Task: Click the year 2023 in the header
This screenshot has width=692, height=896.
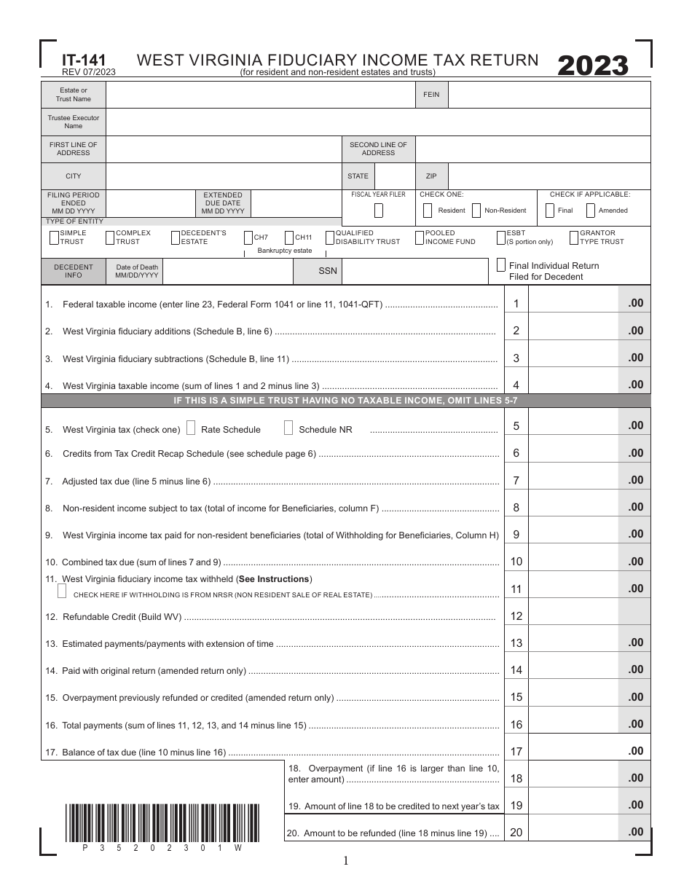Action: pyautogui.click(x=593, y=66)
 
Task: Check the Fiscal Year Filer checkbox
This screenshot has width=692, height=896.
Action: pyautogui.click(x=379, y=211)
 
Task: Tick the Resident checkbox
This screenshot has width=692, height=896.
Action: pyautogui.click(x=427, y=211)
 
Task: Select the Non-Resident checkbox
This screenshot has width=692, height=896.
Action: pyautogui.click(x=476, y=211)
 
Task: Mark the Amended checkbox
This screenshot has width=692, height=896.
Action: pyautogui.click(x=591, y=211)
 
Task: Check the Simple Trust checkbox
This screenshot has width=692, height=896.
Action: pyautogui.click(x=54, y=237)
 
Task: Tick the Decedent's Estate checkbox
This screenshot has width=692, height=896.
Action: pyautogui.click(x=176, y=237)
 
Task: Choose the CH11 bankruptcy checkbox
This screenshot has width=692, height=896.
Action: pyautogui.click(x=289, y=237)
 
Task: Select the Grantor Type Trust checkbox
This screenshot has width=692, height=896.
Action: pyautogui.click(x=574, y=237)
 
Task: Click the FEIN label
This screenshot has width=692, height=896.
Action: pyautogui.click(x=431, y=95)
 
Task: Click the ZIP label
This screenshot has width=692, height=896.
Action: pyautogui.click(x=431, y=176)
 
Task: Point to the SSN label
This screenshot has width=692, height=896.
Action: pyautogui.click(x=328, y=271)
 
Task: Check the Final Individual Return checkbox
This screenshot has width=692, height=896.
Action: pyautogui.click(x=501, y=265)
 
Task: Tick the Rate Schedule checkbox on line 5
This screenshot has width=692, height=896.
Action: pyautogui.click(x=191, y=428)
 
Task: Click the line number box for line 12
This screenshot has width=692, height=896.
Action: pyautogui.click(x=516, y=616)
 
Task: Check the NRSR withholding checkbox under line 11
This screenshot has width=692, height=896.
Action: pyautogui.click(x=62, y=592)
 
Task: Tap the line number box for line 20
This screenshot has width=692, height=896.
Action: pyautogui.click(x=516, y=832)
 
